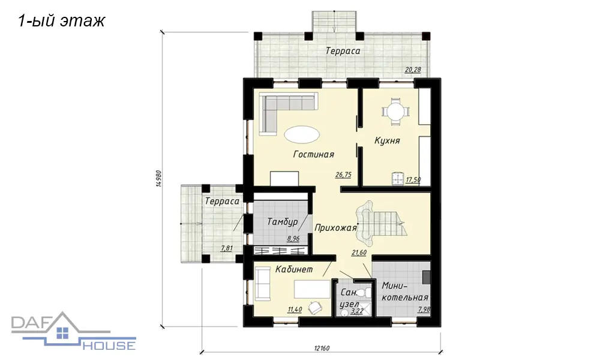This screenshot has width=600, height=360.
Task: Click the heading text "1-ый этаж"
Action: (x=61, y=21)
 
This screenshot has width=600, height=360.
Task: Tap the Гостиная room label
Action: (x=313, y=154)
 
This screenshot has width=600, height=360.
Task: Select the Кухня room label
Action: (x=387, y=141)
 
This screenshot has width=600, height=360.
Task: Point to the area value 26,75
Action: (x=343, y=175)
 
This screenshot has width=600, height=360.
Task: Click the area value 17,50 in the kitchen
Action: (x=413, y=179)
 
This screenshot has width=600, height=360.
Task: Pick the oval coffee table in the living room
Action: (x=302, y=134)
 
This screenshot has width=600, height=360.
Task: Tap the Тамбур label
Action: (x=283, y=222)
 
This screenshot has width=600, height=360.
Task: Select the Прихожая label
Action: (x=335, y=228)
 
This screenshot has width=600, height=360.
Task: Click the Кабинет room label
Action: (x=294, y=269)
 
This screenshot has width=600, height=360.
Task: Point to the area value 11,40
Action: (x=294, y=310)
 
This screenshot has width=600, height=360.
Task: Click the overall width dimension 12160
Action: (x=322, y=349)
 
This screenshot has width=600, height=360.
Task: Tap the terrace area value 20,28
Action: (x=413, y=70)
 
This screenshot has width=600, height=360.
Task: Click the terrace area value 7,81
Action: (x=227, y=248)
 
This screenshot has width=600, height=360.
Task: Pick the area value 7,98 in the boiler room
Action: (x=424, y=310)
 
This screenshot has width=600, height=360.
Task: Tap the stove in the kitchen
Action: (x=398, y=179)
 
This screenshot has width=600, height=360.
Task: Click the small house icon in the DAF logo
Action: (x=62, y=333)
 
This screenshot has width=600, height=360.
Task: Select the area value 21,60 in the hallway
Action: (x=359, y=253)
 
